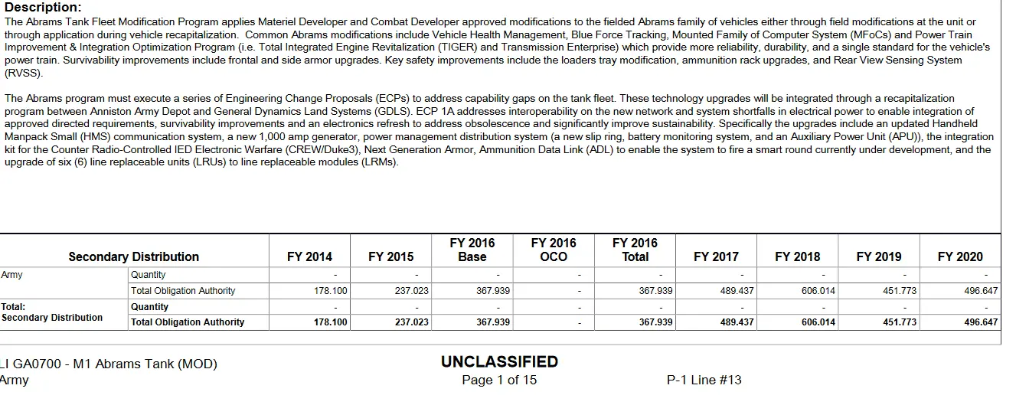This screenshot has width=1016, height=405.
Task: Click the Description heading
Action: click(43, 8)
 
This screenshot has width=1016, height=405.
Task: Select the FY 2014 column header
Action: click(309, 257)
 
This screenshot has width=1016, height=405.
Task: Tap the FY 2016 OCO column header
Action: click(554, 250)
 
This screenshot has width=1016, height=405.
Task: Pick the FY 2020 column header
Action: click(960, 257)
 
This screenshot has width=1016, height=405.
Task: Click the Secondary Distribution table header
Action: click(133, 257)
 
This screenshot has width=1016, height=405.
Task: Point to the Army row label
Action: click(11, 274)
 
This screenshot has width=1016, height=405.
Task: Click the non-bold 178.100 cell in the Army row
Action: click(331, 291)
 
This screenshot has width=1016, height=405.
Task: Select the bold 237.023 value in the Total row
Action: click(412, 322)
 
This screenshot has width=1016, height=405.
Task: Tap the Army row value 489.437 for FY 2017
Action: click(737, 291)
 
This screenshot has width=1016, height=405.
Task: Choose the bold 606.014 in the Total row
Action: click(818, 322)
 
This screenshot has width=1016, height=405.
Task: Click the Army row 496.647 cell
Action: click(981, 291)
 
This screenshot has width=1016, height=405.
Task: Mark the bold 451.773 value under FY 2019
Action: click(900, 322)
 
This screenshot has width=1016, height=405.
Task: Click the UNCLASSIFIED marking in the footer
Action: click(499, 362)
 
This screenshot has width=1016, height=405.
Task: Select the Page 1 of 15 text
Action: click(499, 380)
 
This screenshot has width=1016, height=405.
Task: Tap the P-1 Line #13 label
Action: click(704, 380)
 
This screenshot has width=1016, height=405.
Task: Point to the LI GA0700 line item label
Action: click(109, 364)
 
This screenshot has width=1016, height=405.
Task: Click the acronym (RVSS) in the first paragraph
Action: click(24, 73)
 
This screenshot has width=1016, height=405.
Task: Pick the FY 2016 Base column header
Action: click(472, 250)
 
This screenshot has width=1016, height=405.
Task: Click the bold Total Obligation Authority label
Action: click(188, 322)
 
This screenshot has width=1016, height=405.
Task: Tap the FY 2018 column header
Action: click(797, 257)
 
